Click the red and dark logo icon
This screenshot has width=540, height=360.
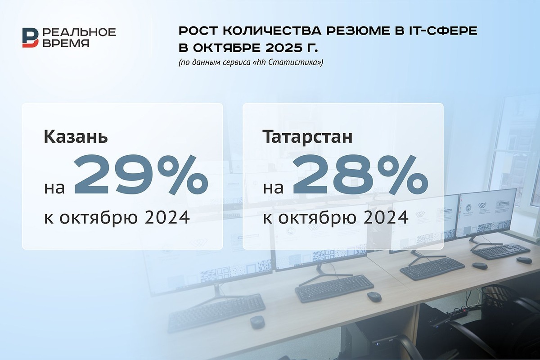click(31, 37)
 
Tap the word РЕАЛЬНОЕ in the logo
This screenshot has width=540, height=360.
click(79, 32)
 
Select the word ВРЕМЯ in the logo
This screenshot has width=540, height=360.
click(66, 43)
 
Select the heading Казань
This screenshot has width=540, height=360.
click(76, 137)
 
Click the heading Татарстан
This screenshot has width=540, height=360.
click(307, 137)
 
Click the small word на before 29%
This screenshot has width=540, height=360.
click(54, 187)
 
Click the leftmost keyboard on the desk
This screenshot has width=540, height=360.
click(216, 311)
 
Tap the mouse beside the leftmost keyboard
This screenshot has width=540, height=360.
click(257, 322)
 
